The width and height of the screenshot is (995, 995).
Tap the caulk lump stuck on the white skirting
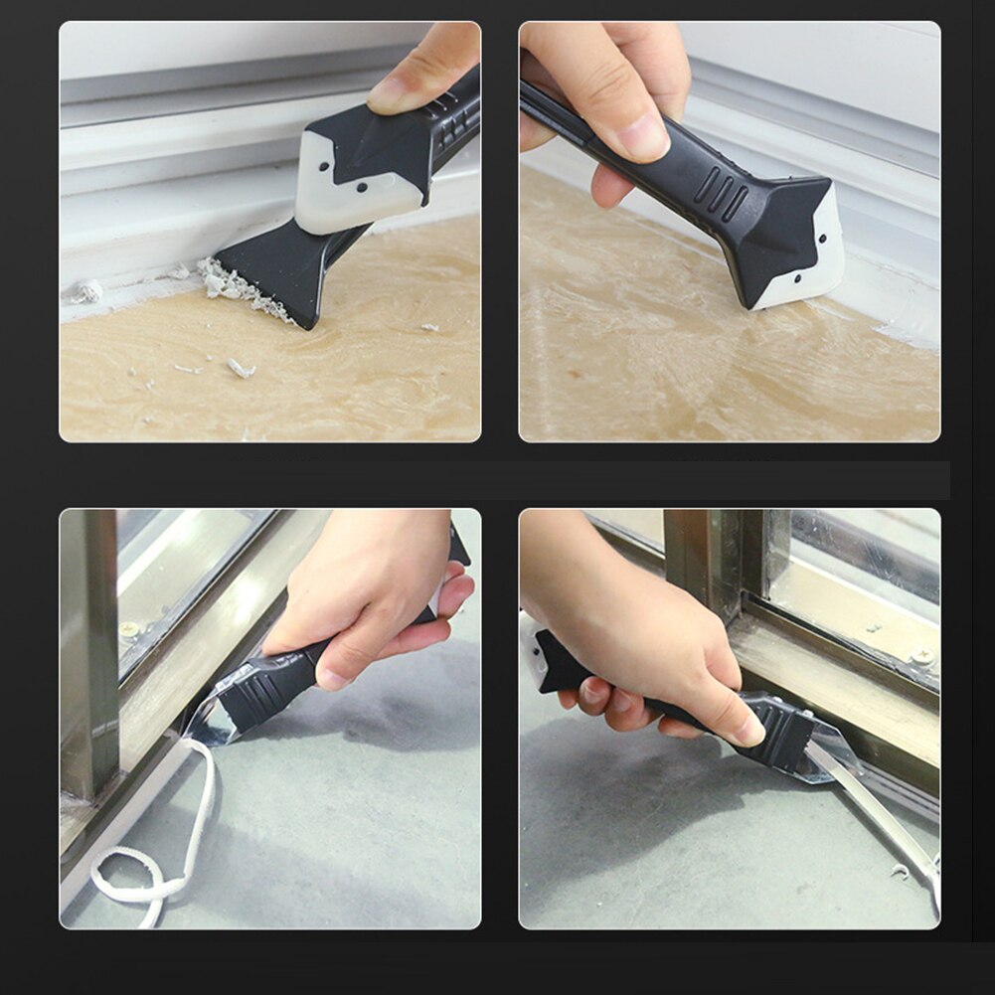[x=86, y=291]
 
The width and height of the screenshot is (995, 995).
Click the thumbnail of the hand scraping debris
[x=398, y=94]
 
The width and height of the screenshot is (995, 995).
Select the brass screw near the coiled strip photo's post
[x=128, y=629]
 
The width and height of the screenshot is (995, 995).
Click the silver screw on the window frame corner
[x=920, y=656]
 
